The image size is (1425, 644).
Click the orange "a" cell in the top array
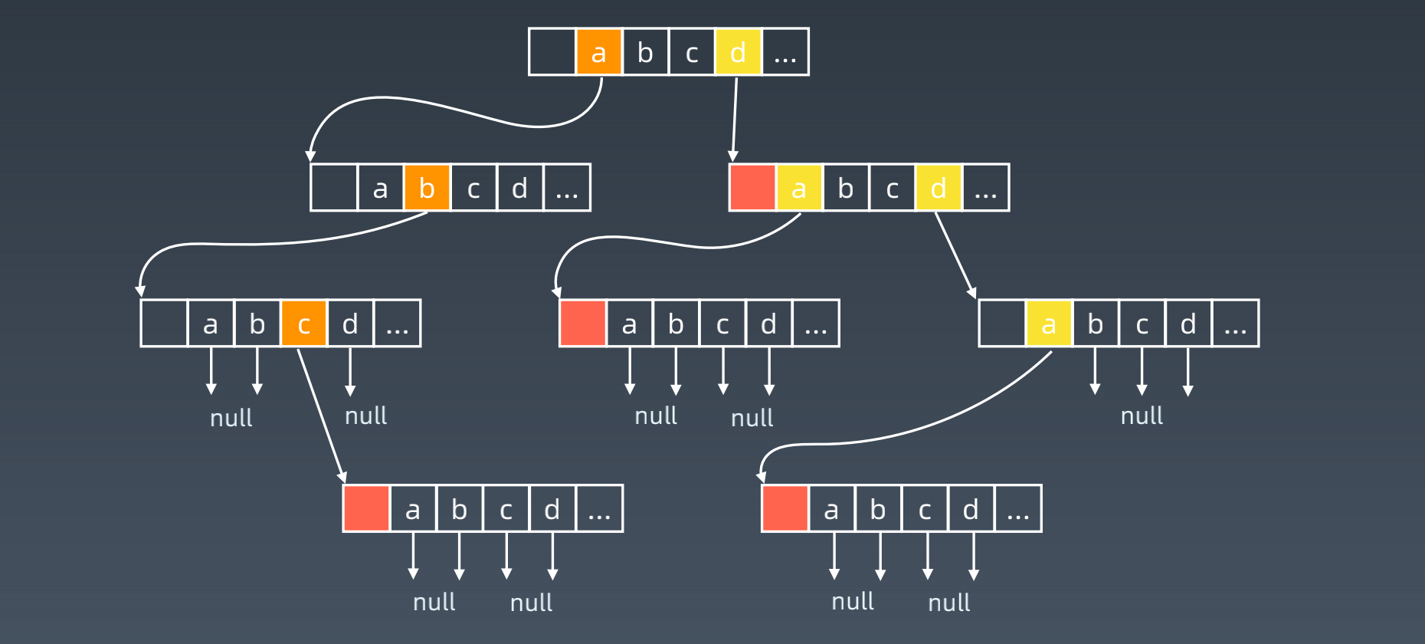click(598, 52)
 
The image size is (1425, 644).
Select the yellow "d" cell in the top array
click(738, 52)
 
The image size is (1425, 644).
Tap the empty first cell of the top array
click(552, 52)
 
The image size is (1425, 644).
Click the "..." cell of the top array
click(785, 52)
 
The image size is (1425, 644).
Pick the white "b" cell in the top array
click(645, 52)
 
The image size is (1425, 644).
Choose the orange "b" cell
click(427, 188)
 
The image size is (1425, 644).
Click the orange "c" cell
click(303, 324)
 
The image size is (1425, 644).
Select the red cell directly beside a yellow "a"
click(752, 188)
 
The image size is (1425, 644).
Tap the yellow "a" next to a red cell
click(799, 188)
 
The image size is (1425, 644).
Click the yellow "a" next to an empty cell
click(1048, 324)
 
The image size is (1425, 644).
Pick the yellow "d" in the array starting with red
click(939, 188)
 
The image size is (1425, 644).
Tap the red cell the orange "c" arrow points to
click(366, 508)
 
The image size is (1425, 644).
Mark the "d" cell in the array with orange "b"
click(519, 188)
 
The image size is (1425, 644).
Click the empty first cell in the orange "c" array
click(164, 324)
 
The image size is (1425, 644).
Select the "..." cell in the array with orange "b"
click(567, 188)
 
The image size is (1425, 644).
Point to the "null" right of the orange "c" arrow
click(365, 416)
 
